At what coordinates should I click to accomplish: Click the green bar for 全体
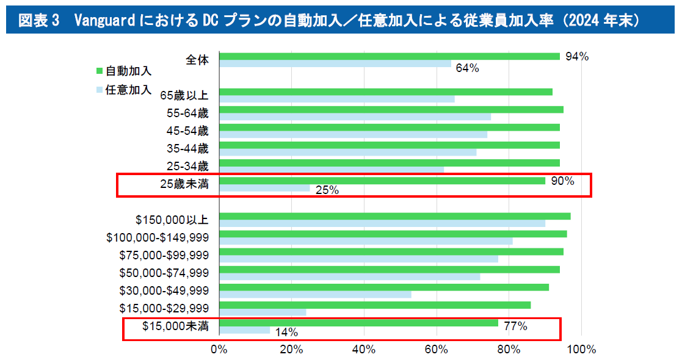pyautogui.click(x=389, y=57)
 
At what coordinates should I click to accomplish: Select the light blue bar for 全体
pyautogui.click(x=335, y=64)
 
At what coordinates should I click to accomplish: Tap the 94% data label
pyautogui.click(x=576, y=57)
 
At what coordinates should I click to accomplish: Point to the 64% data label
pyautogui.click(x=467, y=68)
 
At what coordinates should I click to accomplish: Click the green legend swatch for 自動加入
pyautogui.click(x=100, y=71)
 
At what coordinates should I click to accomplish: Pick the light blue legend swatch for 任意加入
pyautogui.click(x=100, y=90)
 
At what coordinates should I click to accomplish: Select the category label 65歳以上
pyautogui.click(x=184, y=95)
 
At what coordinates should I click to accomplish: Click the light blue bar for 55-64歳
pyautogui.click(x=354, y=117)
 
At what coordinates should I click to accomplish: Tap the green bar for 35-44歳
pyautogui.click(x=389, y=145)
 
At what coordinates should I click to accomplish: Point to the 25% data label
pyautogui.click(x=327, y=190)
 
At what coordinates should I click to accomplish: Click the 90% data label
pyautogui.click(x=562, y=181)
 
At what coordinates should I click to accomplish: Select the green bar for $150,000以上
pyautogui.click(x=394, y=216)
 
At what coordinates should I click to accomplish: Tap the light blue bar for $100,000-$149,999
pyautogui.click(x=365, y=241)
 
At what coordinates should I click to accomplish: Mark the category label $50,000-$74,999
pyautogui.click(x=164, y=273)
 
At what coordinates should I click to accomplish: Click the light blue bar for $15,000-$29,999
pyautogui.click(x=262, y=312)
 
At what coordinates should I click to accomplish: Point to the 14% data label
pyautogui.click(x=286, y=333)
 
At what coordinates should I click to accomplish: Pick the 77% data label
pyautogui.click(x=515, y=326)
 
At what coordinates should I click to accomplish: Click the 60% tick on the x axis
pyautogui.click(x=437, y=350)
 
